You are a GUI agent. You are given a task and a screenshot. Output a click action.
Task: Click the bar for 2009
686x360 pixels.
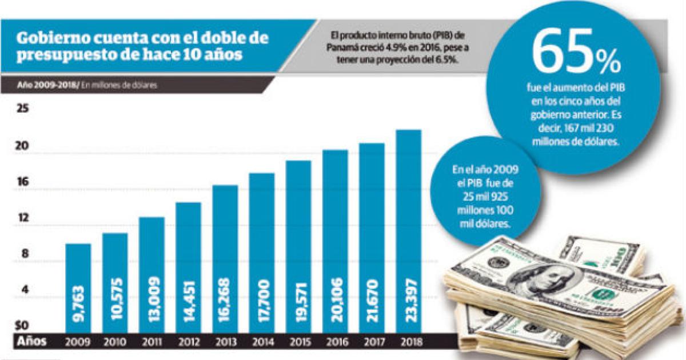78,288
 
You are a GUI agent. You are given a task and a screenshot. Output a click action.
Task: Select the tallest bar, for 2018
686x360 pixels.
409,231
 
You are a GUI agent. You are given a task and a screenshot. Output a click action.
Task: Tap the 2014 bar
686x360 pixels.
262,253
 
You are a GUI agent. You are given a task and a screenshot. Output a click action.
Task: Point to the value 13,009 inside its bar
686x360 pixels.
152,299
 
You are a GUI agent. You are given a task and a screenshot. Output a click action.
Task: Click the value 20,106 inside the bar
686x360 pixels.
336,299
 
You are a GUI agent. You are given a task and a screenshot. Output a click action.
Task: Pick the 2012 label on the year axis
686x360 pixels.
189,342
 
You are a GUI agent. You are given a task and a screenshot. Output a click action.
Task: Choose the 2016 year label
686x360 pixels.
337,342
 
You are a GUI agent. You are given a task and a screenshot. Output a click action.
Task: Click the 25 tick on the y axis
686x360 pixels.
22,108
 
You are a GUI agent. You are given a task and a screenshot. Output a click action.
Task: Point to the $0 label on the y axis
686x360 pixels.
22,325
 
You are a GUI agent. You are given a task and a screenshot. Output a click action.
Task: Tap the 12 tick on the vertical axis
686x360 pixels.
23,218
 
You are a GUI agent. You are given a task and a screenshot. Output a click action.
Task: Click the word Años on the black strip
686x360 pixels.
31,341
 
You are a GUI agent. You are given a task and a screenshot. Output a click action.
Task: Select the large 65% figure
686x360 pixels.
576,51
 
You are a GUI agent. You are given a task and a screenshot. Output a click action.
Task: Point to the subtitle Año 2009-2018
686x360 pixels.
48,85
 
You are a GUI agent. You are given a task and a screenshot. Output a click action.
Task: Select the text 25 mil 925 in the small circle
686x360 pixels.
485,196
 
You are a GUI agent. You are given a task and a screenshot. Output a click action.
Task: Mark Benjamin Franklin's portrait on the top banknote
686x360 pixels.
542,278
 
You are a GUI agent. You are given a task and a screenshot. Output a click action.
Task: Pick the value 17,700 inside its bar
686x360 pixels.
262,300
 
